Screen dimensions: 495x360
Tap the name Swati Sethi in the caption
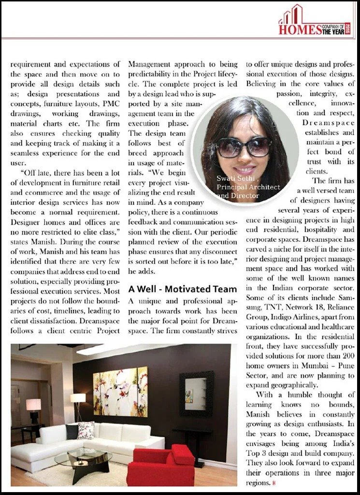pyautogui.click(x=233, y=178)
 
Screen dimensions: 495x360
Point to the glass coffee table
pyautogui.click(x=83, y=457)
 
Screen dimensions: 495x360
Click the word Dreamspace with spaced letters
pyautogui.click(x=329, y=123)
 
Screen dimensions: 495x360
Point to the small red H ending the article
pyautogui.click(x=274, y=483)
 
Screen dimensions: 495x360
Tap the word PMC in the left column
pyautogui.click(x=113, y=102)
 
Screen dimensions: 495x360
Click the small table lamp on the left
pyautogui.click(x=33, y=407)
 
